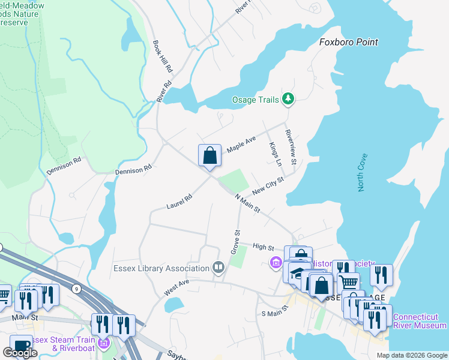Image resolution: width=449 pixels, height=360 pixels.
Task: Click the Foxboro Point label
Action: click(x=348, y=42)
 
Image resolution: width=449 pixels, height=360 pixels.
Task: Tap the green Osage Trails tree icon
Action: click(x=288, y=99)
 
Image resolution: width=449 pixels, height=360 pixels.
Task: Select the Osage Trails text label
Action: click(x=256, y=100)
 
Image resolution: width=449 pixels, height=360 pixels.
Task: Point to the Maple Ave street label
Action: click(x=241, y=144)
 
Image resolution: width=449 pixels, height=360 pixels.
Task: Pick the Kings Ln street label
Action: click(x=274, y=154)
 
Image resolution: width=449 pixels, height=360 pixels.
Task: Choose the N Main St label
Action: click(x=247, y=203)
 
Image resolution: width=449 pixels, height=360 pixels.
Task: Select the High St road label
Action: click(x=263, y=247)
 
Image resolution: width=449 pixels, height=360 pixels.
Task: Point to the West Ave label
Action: click(x=176, y=287)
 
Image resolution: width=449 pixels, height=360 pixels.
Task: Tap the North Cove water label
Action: click(x=363, y=173)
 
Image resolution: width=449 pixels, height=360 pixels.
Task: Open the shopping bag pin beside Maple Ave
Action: click(x=209, y=156)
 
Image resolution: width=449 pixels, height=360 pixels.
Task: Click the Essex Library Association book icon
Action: click(x=218, y=267)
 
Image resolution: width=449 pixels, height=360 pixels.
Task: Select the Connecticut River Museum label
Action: click(x=420, y=321)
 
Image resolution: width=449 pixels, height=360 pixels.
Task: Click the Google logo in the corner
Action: click(x=20, y=353)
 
